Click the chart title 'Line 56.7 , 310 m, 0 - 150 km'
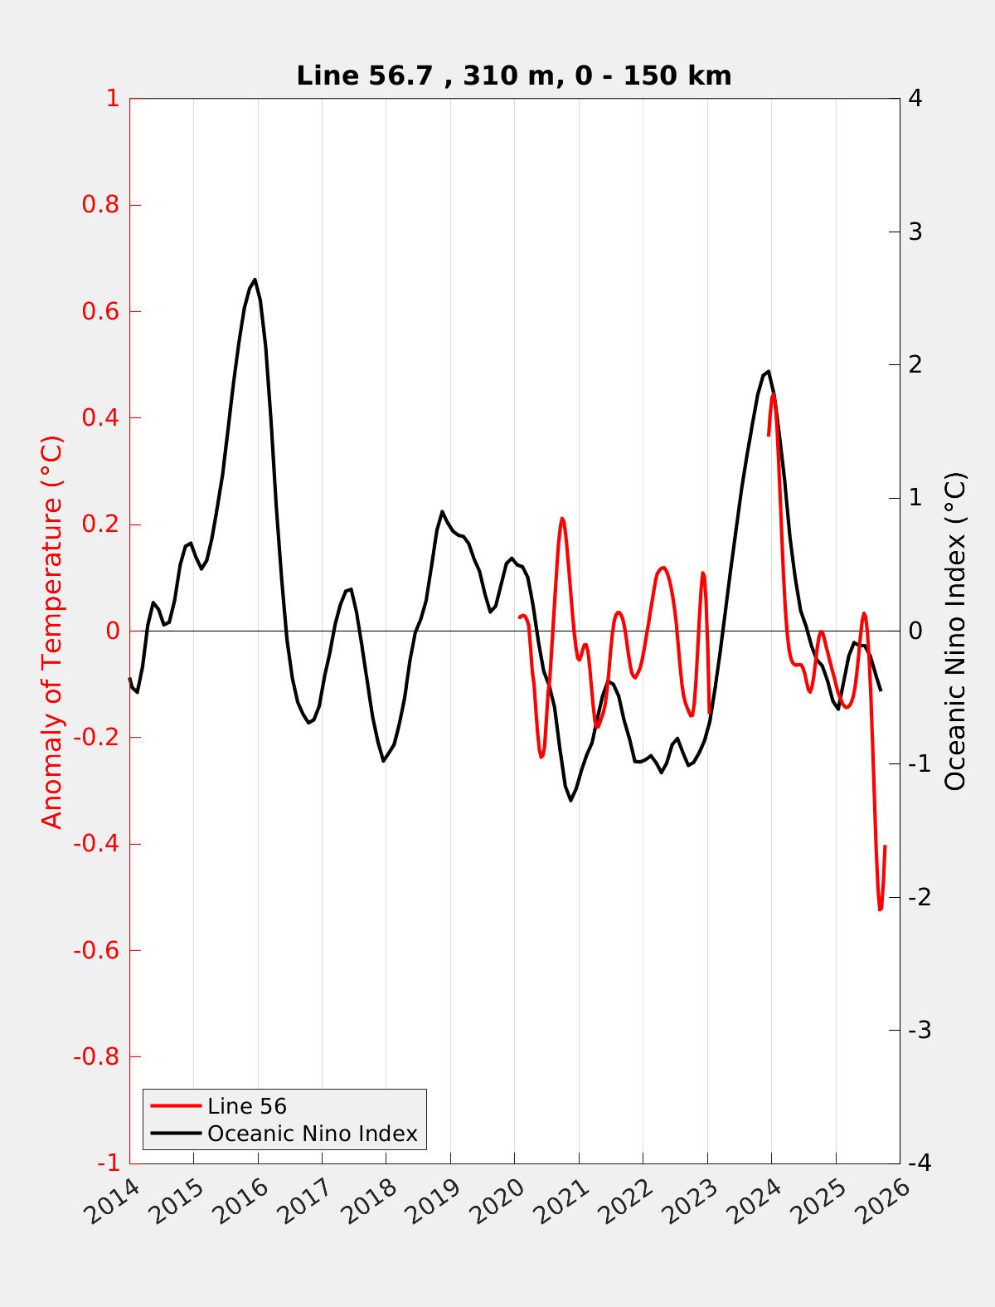513,76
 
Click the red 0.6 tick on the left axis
100,312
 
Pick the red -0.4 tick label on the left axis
96,844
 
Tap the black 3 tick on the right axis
915,232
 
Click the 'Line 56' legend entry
247,1106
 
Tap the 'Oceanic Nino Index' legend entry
312,1134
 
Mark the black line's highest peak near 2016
255,280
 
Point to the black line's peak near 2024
769,371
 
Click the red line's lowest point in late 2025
880,910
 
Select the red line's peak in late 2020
562,519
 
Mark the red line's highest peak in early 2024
774,395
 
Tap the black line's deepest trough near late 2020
570,800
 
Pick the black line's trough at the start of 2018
383,761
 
